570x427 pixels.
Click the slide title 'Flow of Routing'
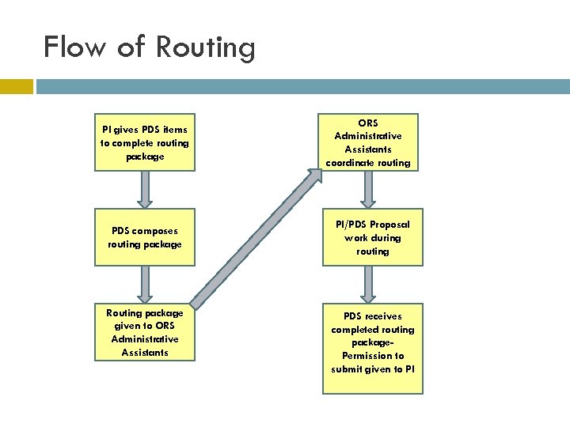coord(150,47)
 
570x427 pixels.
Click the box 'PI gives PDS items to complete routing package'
coord(145,143)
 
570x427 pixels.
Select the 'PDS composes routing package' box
coord(145,238)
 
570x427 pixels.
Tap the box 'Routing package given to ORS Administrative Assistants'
coord(145,333)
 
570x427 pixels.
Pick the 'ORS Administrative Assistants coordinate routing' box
coord(368,143)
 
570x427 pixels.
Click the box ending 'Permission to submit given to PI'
coord(372,349)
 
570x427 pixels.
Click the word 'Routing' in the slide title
coord(205,48)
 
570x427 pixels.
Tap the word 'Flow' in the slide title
coord(74,47)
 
